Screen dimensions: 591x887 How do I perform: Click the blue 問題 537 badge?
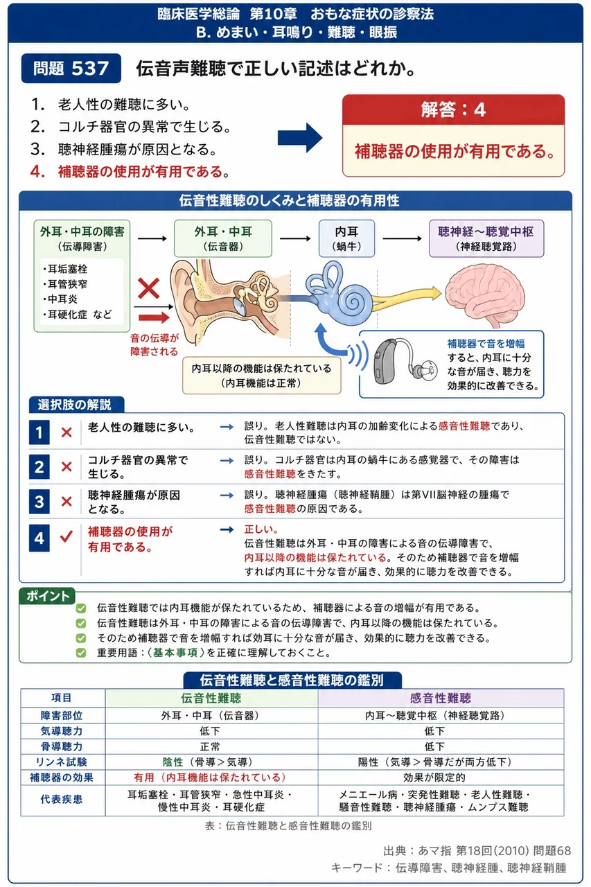[x=71, y=68]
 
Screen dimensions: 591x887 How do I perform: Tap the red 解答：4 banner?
[x=453, y=109]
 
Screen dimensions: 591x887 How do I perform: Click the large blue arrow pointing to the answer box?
[x=299, y=138]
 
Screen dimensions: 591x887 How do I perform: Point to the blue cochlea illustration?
[x=339, y=295]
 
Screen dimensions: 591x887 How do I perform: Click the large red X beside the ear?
[x=148, y=288]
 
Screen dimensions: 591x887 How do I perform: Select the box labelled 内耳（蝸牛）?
[x=346, y=238]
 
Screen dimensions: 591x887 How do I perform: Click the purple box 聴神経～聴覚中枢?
[x=486, y=238]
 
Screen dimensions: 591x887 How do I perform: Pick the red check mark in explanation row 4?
[x=66, y=536]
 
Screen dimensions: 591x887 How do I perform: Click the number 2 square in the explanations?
[x=39, y=467]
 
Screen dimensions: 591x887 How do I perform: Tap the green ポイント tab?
[x=47, y=595]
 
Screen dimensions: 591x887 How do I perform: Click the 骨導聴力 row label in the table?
[x=62, y=746]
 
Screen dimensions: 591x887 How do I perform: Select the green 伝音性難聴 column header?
[x=211, y=698]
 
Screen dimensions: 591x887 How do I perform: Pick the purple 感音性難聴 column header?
[x=441, y=698]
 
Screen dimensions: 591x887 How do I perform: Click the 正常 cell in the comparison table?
[x=210, y=746]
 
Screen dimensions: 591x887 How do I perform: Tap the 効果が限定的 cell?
[x=434, y=778]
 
